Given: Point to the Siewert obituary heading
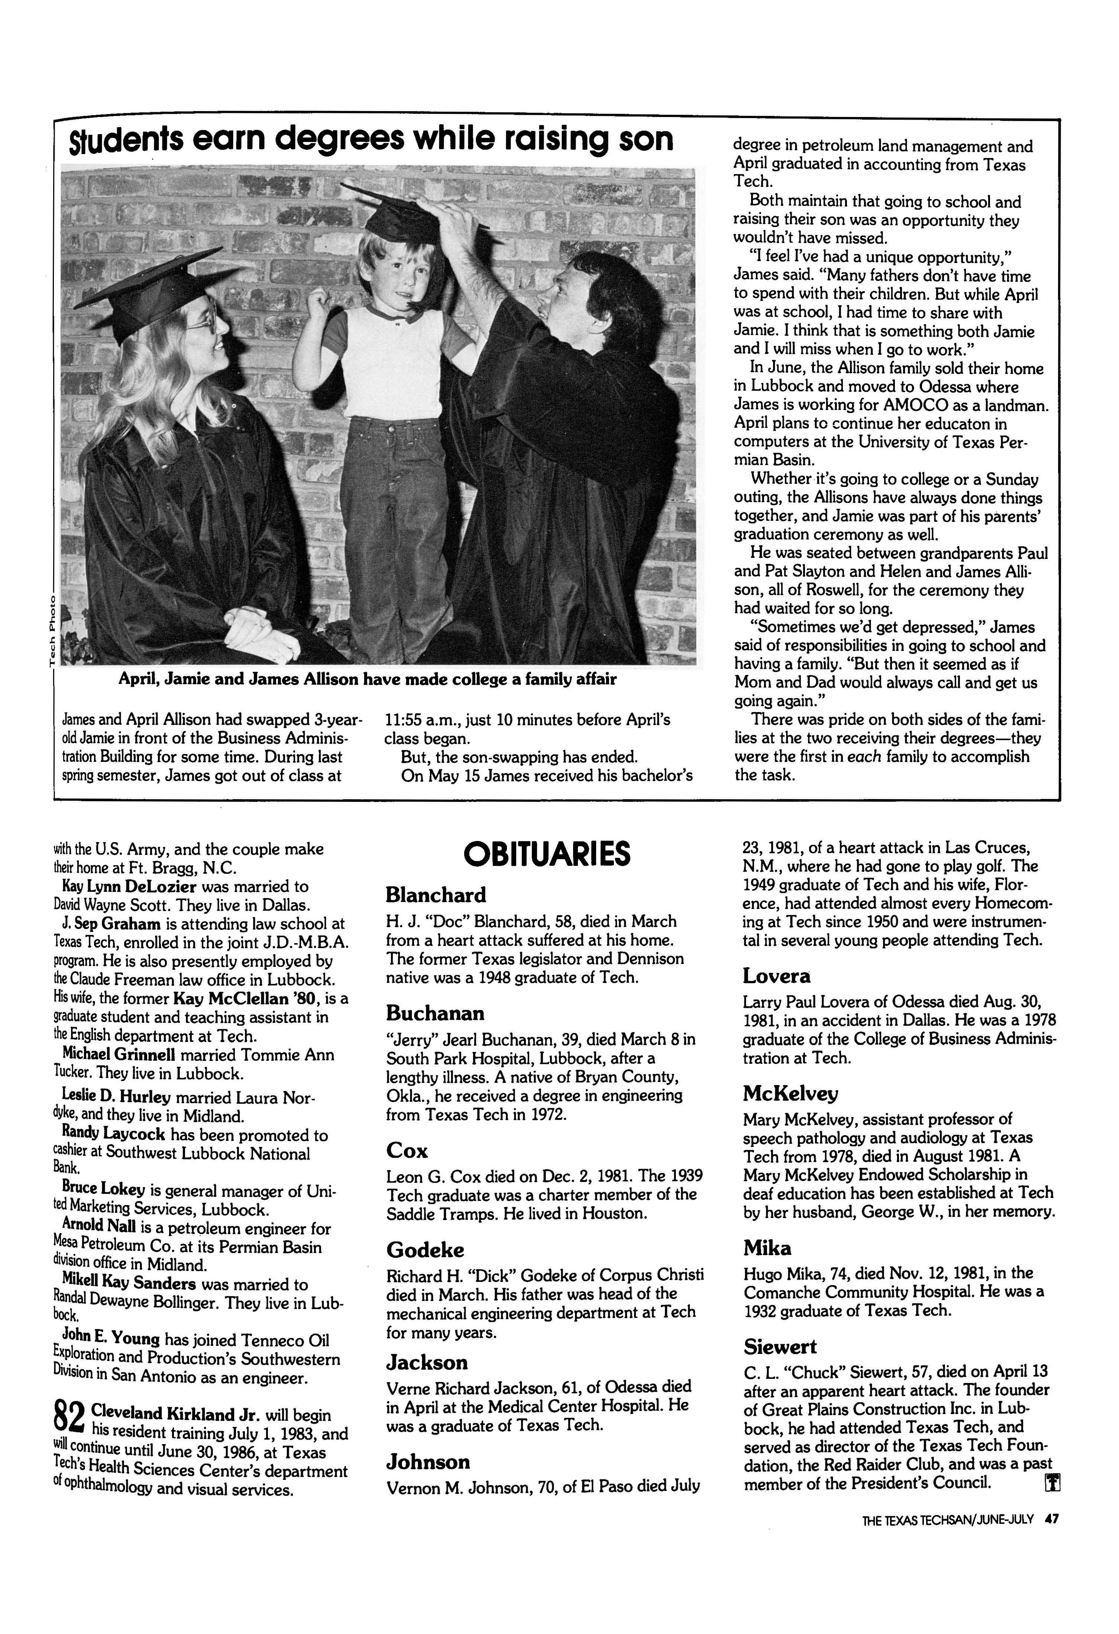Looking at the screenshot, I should (x=780, y=1346).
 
